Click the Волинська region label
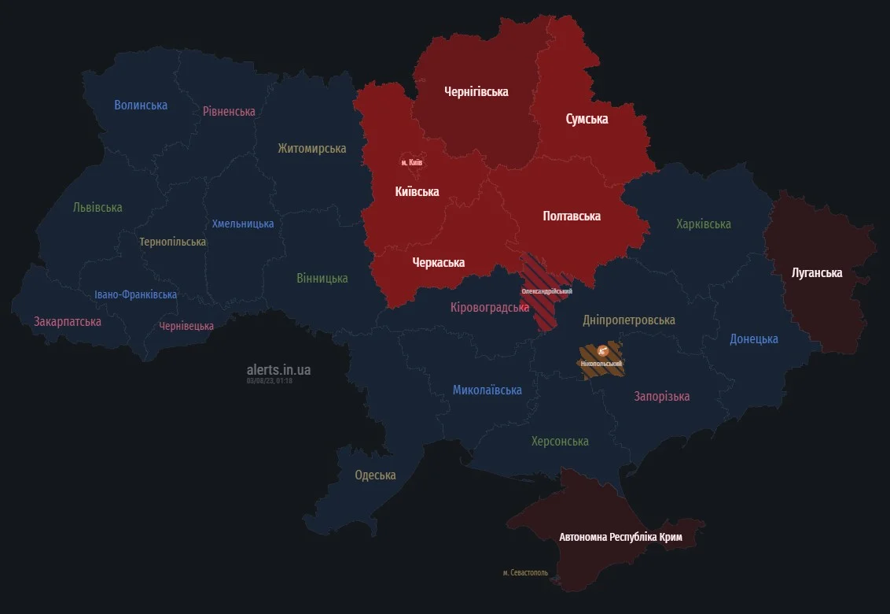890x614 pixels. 141,105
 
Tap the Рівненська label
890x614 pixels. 229,111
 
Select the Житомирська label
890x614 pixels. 311,148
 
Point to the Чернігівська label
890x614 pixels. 476,91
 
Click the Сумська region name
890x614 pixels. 587,119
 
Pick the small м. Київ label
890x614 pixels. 411,162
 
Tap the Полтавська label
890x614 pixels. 572,216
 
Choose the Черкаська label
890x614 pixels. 438,262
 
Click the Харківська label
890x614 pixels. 703,224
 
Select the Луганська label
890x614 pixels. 817,273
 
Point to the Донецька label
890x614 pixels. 753,338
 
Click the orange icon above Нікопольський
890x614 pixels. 603,351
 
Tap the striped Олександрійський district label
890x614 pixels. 546,291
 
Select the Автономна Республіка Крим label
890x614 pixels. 620,537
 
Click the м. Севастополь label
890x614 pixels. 525,572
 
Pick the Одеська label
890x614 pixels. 375,475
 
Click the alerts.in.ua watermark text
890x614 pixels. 278,369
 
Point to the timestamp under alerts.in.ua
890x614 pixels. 269,381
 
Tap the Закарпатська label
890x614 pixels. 68,321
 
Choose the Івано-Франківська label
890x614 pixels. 135,294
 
